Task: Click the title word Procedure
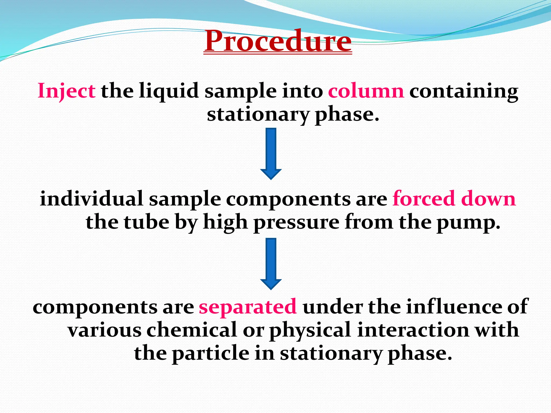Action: click(278, 41)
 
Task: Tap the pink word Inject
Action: click(66, 91)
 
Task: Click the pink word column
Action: click(366, 91)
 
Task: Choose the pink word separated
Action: click(248, 307)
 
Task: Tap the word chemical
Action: click(191, 330)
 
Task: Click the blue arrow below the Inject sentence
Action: click(271, 153)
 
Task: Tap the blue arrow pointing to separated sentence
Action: click(271, 264)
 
